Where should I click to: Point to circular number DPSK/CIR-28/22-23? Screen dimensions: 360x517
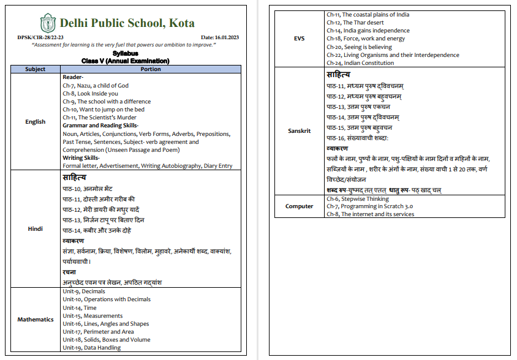click(x=39, y=37)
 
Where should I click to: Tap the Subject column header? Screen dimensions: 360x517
click(x=35, y=69)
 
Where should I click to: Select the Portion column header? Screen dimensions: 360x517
click(x=151, y=69)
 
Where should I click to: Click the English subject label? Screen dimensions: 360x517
click(x=35, y=121)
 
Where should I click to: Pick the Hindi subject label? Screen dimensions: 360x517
click(x=35, y=228)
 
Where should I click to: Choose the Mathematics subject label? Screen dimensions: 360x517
click(x=35, y=320)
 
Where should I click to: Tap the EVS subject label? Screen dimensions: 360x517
click(x=299, y=39)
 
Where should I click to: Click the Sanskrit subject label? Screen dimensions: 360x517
click(x=299, y=131)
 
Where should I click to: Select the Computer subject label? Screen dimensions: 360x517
click(x=299, y=206)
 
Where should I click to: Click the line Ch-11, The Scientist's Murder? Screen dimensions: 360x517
click(x=99, y=118)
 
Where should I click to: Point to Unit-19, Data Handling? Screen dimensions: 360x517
click(x=91, y=348)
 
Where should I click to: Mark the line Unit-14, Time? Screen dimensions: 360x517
click(x=79, y=308)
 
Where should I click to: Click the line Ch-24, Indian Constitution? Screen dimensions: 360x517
click(x=360, y=63)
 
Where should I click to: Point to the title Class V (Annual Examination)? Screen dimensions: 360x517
click(x=125, y=61)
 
